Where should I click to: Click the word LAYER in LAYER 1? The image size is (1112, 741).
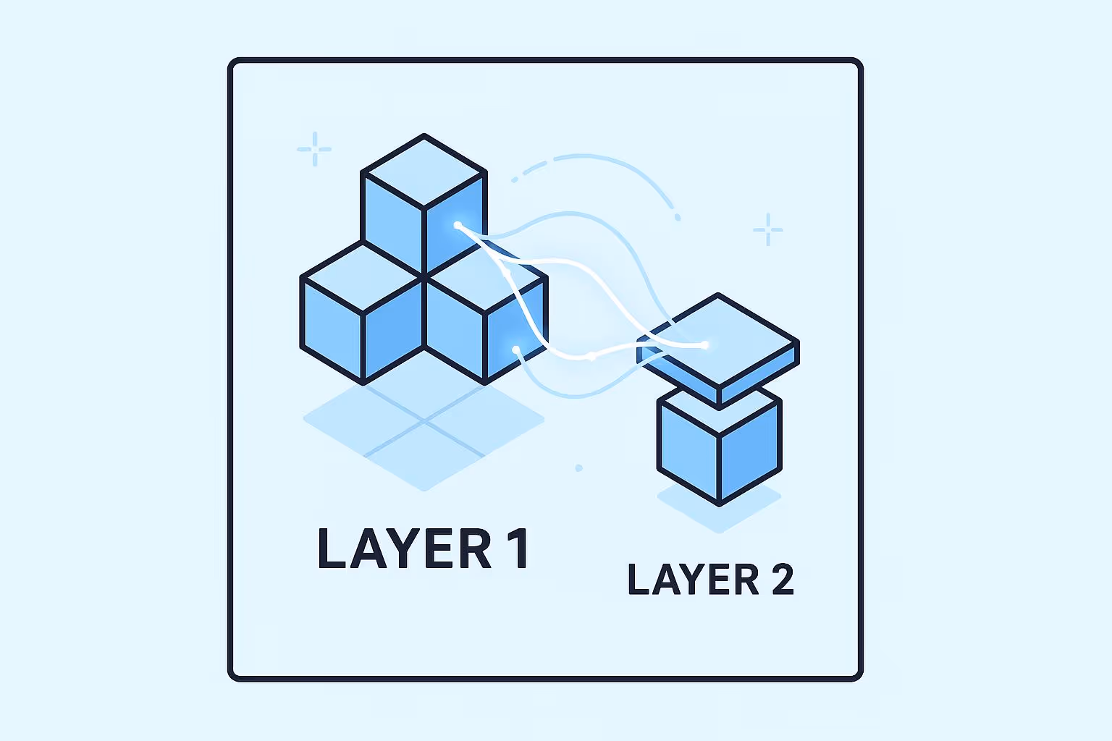click(x=405, y=549)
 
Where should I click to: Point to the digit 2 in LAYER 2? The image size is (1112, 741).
click(x=783, y=580)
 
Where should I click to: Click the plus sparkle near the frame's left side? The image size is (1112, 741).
click(x=314, y=149)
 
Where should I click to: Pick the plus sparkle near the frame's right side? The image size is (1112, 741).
click(x=767, y=229)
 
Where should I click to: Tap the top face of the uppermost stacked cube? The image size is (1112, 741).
click(x=424, y=172)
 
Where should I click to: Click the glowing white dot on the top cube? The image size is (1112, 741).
click(x=458, y=225)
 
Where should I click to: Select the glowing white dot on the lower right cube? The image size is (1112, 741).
click(x=515, y=350)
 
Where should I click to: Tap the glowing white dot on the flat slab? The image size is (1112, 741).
click(x=704, y=345)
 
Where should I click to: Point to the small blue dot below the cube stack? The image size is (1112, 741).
click(x=578, y=468)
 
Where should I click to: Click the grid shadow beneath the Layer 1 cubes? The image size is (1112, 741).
click(x=424, y=434)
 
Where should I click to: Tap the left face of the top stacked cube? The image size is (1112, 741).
click(x=392, y=217)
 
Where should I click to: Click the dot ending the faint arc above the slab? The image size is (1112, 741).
click(x=678, y=217)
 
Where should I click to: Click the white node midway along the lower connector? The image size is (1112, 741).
click(x=592, y=356)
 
